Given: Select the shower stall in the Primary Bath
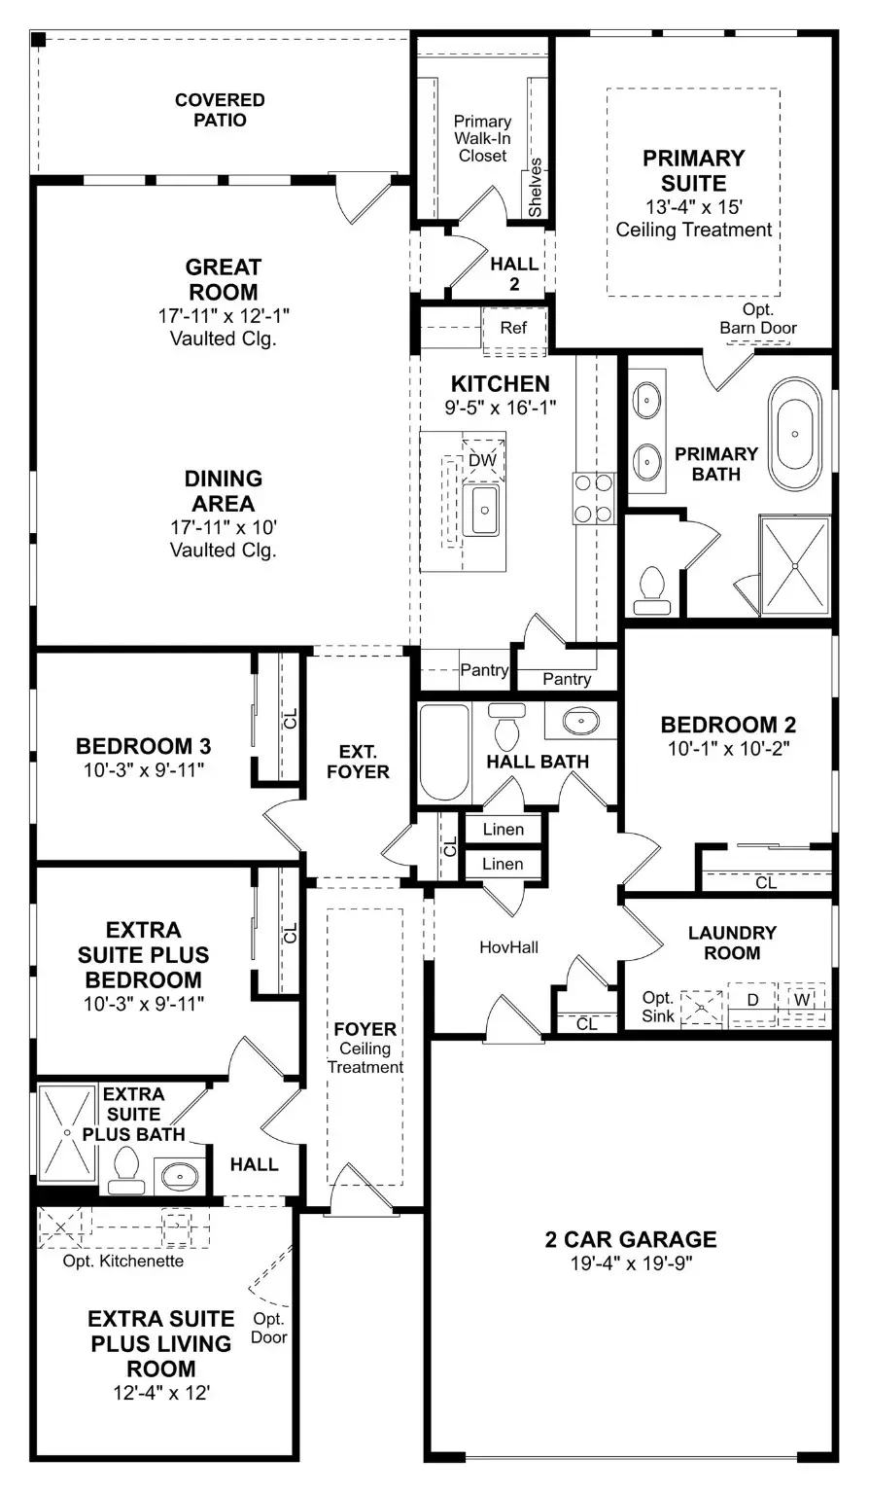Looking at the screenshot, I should click(x=794, y=565).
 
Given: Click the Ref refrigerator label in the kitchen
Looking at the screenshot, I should click(x=513, y=328).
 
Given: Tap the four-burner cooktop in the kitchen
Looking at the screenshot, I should click(x=594, y=497).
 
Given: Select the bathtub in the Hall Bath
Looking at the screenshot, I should click(x=443, y=751).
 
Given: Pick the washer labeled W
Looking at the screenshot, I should click(x=803, y=999).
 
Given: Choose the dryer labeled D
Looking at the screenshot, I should click(x=752, y=999).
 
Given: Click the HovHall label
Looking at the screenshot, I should click(x=509, y=946).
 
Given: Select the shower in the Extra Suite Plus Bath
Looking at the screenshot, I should click(x=67, y=1133).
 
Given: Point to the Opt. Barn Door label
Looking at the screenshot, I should click(x=758, y=319).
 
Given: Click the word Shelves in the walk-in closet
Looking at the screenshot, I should click(x=535, y=188).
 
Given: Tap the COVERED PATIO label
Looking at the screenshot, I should click(x=220, y=110).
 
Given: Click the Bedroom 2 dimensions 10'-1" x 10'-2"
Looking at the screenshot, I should click(x=728, y=749).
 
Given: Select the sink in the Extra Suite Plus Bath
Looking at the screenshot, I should click(x=180, y=1176).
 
